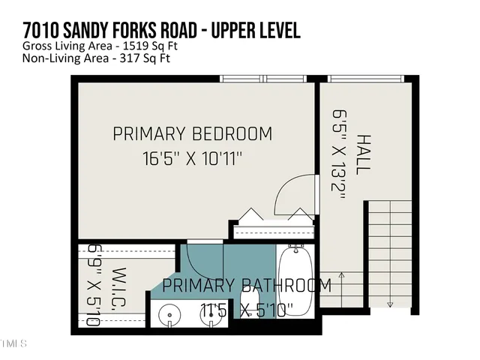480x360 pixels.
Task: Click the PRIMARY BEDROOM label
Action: click(x=192, y=134)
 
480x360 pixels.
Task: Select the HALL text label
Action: click(x=364, y=154)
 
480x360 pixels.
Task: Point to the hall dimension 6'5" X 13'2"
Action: click(x=338, y=154)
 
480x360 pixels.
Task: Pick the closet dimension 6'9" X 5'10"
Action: click(x=94, y=284)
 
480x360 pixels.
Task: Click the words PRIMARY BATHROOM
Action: click(x=246, y=286)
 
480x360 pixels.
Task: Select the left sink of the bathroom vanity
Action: click(x=169, y=315)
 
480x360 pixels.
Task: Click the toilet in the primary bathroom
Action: click(x=248, y=307)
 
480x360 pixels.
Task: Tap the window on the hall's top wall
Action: click(x=366, y=79)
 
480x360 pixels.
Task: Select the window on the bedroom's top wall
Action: click(x=265, y=79)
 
